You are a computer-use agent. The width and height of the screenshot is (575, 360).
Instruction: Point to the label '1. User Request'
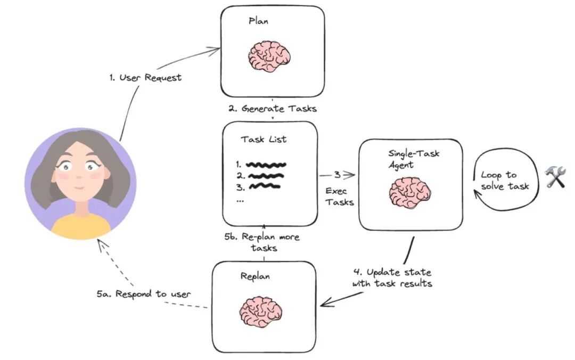(145, 78)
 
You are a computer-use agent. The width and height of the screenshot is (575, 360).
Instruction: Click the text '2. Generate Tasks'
(273, 109)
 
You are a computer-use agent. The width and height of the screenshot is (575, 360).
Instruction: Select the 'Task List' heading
(264, 140)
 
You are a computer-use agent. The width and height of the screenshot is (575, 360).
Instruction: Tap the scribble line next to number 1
(266, 165)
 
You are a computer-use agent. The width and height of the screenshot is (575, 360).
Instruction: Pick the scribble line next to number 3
(265, 186)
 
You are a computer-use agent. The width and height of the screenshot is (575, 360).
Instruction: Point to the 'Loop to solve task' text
(504, 180)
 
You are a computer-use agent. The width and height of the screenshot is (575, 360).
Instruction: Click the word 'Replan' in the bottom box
(255, 276)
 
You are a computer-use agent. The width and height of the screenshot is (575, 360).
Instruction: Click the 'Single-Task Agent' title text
(414, 159)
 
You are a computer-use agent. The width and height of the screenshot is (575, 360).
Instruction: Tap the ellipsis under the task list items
(240, 200)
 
